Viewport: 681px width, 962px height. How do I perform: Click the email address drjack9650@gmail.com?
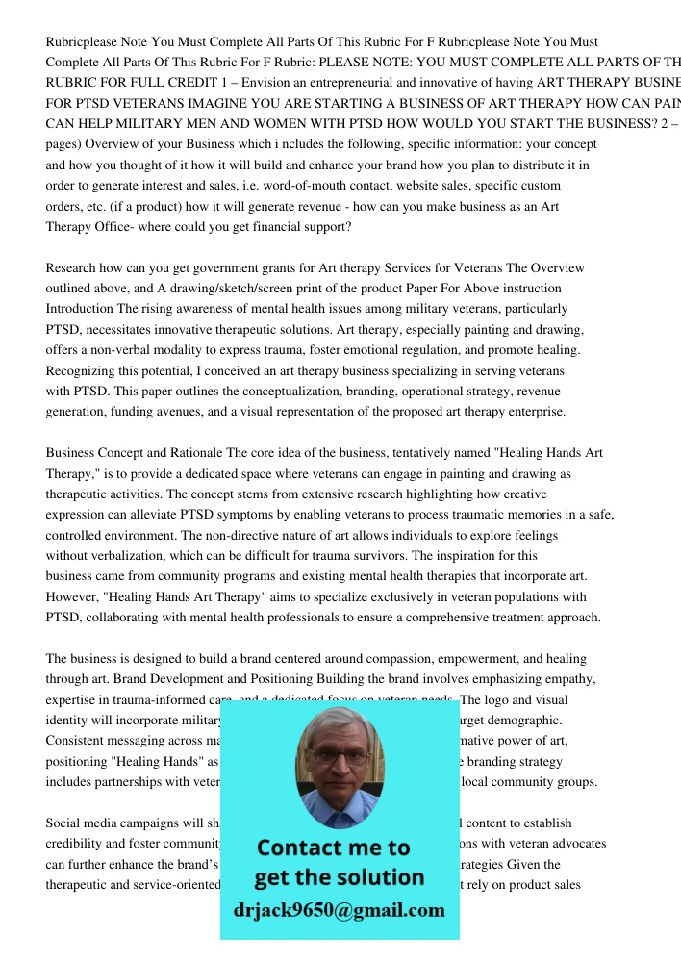340,910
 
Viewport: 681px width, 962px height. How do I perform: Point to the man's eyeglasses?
339,754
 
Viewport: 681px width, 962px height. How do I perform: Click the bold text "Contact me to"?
334,848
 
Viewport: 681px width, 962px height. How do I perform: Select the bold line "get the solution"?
340,877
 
